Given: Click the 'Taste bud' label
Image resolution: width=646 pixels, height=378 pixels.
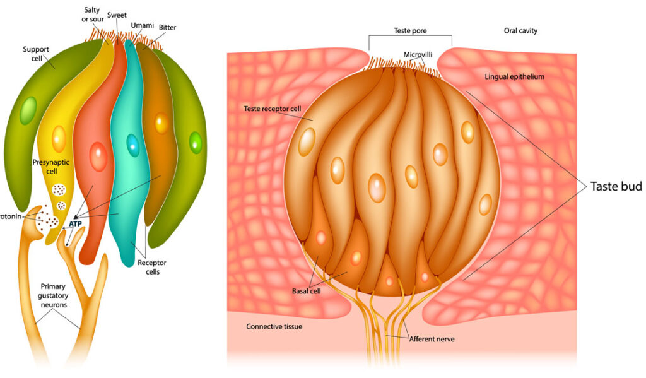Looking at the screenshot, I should tap(616, 186).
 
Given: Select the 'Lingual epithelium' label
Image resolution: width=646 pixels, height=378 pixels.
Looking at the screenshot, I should tap(514, 76).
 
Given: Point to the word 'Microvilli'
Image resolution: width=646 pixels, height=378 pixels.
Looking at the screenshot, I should tap(418, 54).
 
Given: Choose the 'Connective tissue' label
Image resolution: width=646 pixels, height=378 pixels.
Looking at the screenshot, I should tap(274, 326).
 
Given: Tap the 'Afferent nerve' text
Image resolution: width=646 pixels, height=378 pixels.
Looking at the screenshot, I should tap(432, 339).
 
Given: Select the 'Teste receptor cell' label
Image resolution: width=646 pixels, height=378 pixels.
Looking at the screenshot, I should tap(273, 109).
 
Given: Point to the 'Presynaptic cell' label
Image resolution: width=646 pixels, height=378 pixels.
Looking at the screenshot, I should tap(50, 167).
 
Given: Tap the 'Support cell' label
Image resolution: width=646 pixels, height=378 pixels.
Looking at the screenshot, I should tap(36, 53).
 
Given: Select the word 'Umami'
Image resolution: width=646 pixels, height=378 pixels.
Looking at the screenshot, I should tap(143, 25).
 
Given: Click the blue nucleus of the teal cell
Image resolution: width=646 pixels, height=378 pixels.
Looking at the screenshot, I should tap(132, 145).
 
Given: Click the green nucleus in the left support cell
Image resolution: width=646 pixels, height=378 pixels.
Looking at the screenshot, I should tap(28, 111).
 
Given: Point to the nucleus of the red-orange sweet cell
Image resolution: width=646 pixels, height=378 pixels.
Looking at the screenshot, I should tap(98, 156).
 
